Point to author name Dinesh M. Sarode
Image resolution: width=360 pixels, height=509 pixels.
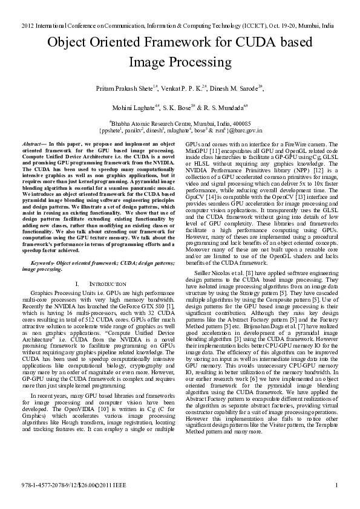[x=239, y=89]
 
